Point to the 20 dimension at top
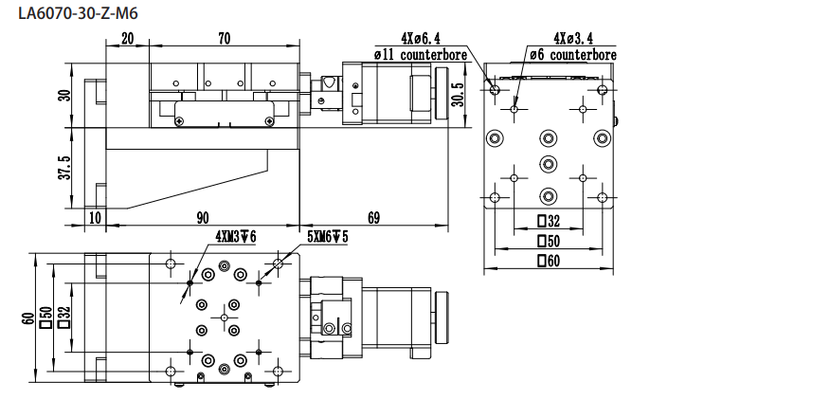point(127,39)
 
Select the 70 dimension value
point(224,39)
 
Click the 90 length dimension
point(203,218)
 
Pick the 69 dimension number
point(373,218)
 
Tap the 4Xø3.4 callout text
point(574,39)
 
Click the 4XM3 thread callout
point(236,236)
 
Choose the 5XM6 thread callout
point(328,236)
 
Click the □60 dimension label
point(548,262)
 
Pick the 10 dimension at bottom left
point(94,218)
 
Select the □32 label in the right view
point(548,222)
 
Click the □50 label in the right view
point(548,242)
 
